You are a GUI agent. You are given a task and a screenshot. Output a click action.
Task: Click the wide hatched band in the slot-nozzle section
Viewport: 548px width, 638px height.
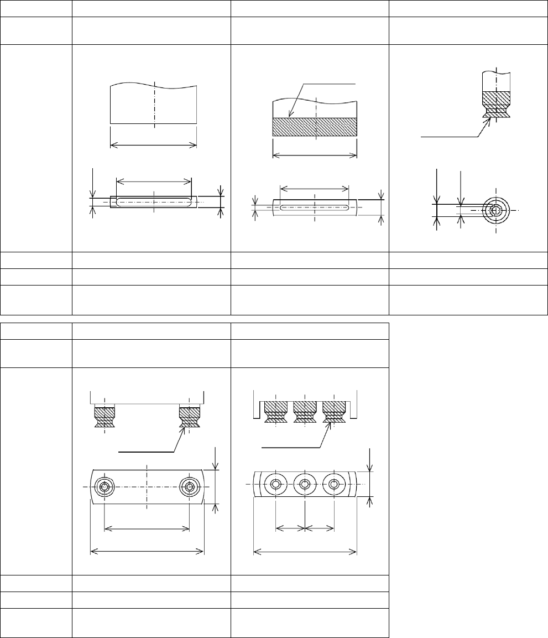click(x=315, y=127)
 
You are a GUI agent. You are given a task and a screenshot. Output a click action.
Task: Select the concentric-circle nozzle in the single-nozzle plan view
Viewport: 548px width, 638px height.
click(x=496, y=210)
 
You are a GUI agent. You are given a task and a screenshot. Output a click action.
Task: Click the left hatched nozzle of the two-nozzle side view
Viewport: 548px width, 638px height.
click(x=104, y=418)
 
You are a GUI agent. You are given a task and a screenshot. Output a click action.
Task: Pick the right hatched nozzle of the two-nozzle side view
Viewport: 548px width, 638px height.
click(x=189, y=418)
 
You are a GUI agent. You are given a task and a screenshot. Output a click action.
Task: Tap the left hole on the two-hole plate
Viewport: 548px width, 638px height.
click(x=104, y=487)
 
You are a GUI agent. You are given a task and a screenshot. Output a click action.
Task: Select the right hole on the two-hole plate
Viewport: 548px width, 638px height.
click(x=190, y=487)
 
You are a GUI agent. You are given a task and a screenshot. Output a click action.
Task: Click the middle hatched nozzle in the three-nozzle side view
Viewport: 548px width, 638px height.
click(x=304, y=412)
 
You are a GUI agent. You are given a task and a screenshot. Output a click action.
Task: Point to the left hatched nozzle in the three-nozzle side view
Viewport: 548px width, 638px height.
click(x=275, y=412)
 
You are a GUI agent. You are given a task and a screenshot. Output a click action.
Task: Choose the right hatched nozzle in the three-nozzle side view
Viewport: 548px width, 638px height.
click(x=333, y=412)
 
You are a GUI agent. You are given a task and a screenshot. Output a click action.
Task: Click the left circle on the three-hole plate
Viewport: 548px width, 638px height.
click(x=275, y=484)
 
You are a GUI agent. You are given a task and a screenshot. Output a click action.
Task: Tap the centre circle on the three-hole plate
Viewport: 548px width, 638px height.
click(x=304, y=484)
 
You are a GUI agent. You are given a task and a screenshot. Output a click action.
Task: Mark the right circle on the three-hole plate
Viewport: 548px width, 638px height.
click(x=333, y=484)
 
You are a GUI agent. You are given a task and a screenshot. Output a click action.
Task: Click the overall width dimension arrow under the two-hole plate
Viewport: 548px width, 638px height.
click(x=147, y=551)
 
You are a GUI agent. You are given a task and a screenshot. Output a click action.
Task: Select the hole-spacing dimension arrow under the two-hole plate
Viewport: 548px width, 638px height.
click(x=147, y=528)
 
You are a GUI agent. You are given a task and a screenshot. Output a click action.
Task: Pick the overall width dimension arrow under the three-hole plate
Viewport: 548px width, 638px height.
click(x=305, y=551)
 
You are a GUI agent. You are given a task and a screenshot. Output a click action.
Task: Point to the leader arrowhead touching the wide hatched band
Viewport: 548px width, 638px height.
click(x=290, y=117)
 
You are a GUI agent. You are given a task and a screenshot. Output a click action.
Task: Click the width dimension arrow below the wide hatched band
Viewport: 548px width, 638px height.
click(x=315, y=155)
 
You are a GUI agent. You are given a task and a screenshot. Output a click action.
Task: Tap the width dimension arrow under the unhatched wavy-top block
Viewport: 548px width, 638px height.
click(x=154, y=145)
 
